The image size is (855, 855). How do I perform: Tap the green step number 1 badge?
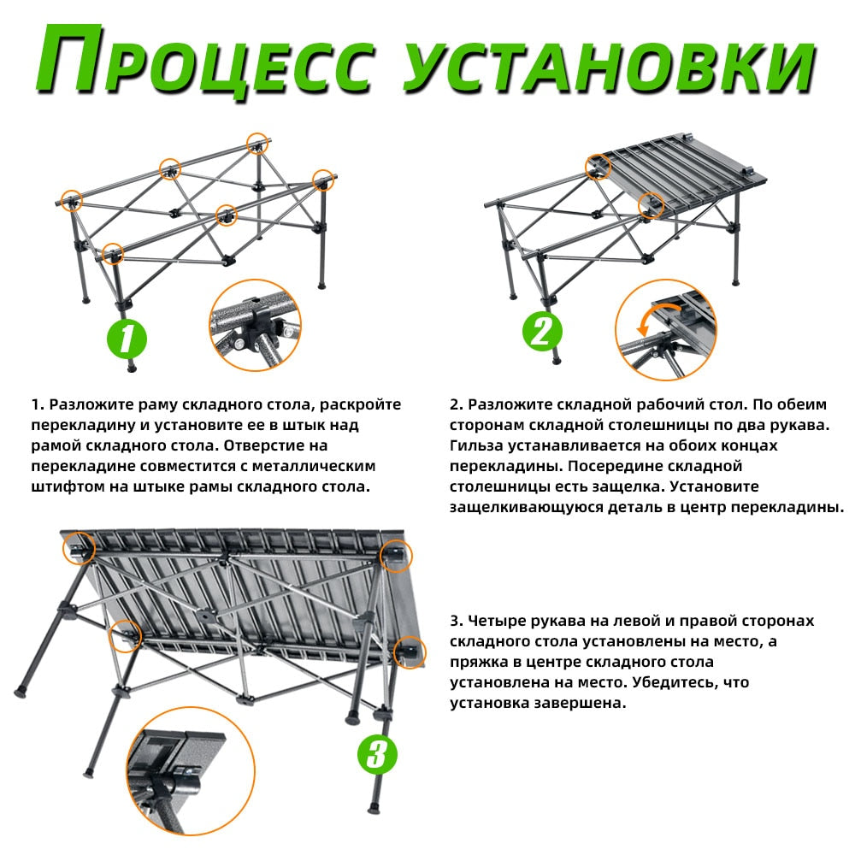point(127,339)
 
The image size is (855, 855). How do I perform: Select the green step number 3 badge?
point(377,755)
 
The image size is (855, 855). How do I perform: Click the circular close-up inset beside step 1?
point(255,326)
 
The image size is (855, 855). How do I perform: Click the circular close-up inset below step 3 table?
point(191,771)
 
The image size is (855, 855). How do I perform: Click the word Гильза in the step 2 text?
point(476,445)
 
